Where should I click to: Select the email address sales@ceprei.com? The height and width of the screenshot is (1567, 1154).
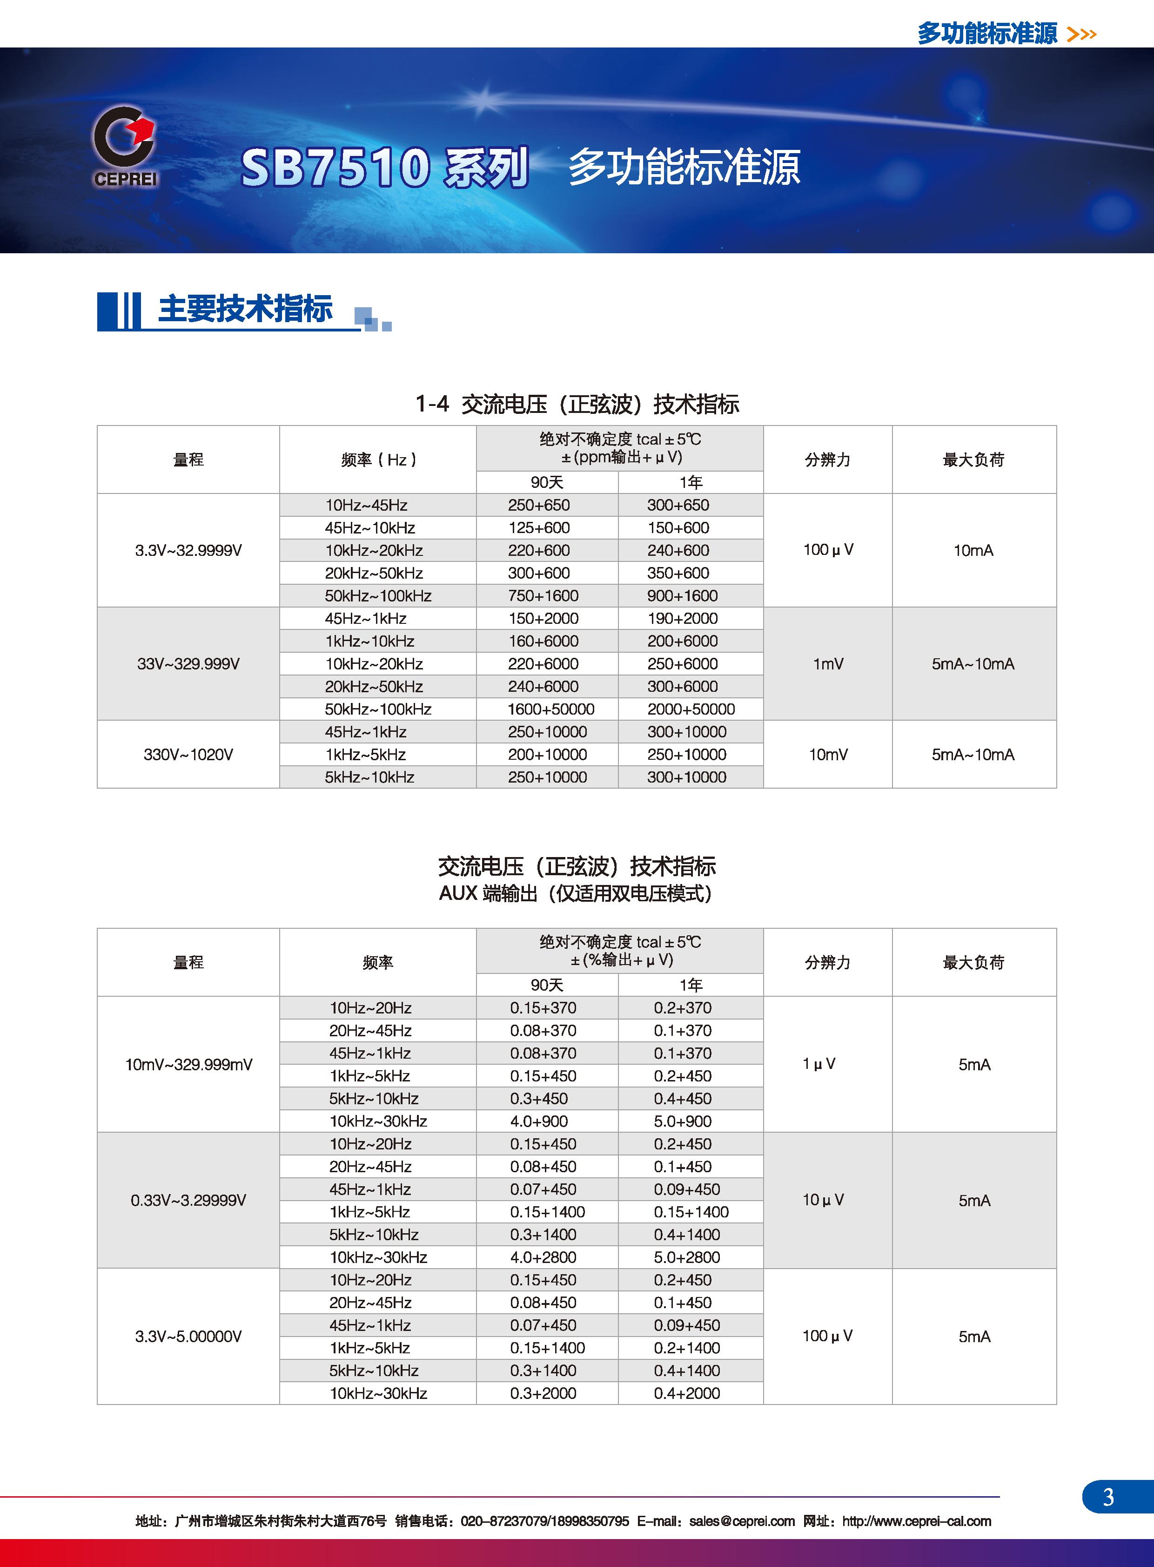coord(741,1521)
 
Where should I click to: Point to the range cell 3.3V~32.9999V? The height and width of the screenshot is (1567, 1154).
coord(188,551)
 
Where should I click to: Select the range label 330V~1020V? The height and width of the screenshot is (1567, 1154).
coord(188,755)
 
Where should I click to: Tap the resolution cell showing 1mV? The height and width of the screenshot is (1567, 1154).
coord(828,664)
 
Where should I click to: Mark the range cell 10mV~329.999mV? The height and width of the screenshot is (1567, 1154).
coord(188,1065)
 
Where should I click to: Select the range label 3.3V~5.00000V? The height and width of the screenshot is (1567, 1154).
coord(188,1337)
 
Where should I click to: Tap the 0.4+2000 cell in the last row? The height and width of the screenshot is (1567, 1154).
coord(687,1393)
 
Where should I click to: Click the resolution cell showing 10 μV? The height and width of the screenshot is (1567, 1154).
coord(823,1200)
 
